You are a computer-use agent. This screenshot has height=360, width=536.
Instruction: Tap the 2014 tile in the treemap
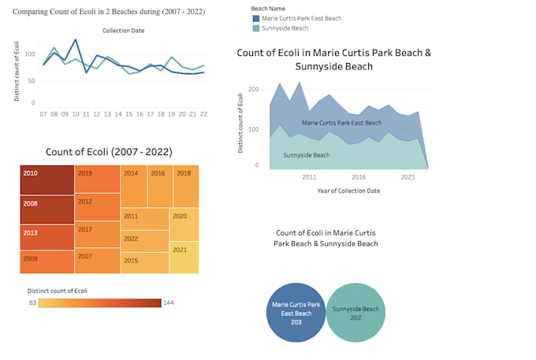[133, 187]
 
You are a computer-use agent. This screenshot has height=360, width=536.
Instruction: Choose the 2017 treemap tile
[97, 234]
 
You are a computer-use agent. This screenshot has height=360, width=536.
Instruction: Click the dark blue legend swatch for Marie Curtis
[256, 18]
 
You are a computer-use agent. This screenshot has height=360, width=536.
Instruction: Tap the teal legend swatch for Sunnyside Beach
[256, 28]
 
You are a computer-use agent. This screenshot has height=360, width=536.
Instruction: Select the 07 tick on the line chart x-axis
[43, 113]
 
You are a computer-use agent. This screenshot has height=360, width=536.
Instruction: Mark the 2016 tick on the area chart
[359, 177]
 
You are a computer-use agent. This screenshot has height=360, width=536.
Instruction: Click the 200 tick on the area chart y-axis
[253, 89]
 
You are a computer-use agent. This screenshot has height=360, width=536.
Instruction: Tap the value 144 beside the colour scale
[169, 302]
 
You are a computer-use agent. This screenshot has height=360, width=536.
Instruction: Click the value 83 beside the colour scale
[32, 302]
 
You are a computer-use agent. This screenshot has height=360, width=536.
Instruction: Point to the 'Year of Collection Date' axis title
[348, 191]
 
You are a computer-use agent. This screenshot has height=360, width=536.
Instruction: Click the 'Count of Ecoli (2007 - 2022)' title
[109, 151]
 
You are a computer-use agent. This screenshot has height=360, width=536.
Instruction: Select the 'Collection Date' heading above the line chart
[123, 30]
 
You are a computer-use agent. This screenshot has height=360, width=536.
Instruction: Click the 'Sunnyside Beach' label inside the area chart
[306, 155]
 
